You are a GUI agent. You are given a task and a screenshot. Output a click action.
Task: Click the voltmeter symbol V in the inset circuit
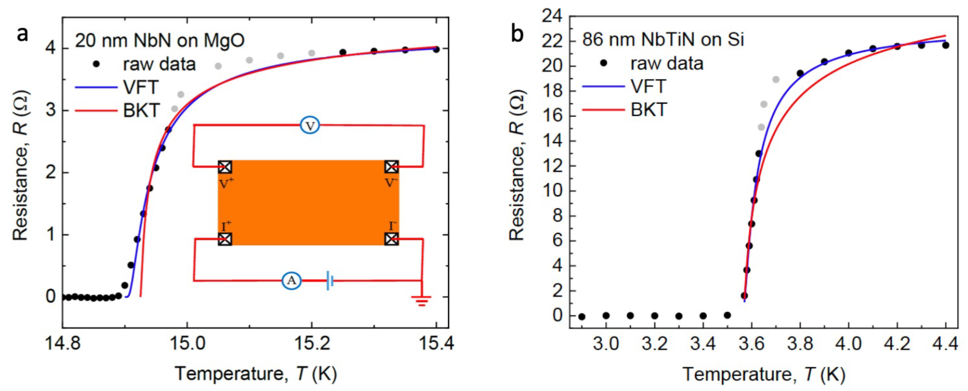pyautogui.click(x=310, y=126)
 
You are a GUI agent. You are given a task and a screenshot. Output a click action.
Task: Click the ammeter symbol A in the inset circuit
pyautogui.click(x=291, y=280)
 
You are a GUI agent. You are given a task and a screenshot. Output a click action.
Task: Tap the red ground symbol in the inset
pyautogui.click(x=421, y=301)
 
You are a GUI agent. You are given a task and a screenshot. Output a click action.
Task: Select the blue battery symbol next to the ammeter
pyautogui.click(x=329, y=280)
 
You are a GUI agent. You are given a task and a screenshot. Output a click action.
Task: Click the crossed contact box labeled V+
pyautogui.click(x=225, y=167)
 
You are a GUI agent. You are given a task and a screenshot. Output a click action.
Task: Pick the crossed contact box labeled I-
pyautogui.click(x=392, y=239)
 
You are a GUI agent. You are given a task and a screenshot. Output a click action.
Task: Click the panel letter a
pyautogui.click(x=22, y=35)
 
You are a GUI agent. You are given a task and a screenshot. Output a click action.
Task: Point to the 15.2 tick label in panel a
pyautogui.click(x=311, y=343)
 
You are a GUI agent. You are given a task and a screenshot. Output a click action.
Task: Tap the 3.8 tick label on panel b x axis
pyautogui.click(x=800, y=343)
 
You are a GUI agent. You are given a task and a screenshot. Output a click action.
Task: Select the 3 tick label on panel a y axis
pyautogui.click(x=51, y=111)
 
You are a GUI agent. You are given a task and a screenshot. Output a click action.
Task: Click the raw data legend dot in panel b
pyautogui.click(x=604, y=63)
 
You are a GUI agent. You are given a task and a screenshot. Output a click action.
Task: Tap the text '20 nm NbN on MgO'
pyautogui.click(x=160, y=40)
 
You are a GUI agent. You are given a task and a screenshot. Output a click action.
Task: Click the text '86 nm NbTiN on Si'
pyautogui.click(x=663, y=39)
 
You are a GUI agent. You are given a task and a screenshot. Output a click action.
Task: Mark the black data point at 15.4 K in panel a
pyautogui.click(x=436, y=49)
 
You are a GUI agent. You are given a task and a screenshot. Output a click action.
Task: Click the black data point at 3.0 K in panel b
pyautogui.click(x=606, y=316)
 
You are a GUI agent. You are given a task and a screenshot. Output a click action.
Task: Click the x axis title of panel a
pyautogui.click(x=255, y=373)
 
